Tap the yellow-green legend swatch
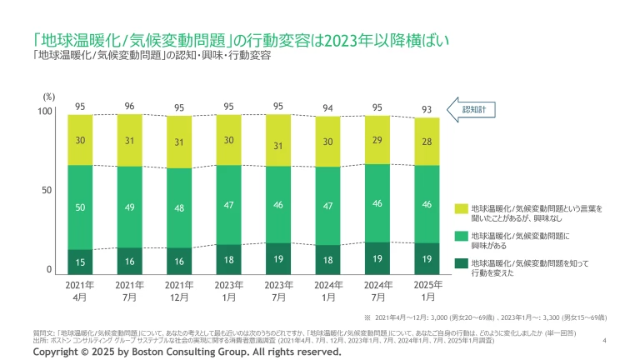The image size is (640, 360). click(x=461, y=207)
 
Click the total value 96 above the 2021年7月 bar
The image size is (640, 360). click(x=129, y=106)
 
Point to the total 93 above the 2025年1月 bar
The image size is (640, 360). click(x=427, y=108)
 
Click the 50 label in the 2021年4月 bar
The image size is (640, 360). click(x=80, y=207)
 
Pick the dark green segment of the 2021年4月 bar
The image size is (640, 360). click(x=80, y=261)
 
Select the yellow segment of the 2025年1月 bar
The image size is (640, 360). click(x=427, y=142)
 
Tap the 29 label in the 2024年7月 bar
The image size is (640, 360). click(x=377, y=141)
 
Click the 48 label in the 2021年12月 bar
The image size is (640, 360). click(x=179, y=208)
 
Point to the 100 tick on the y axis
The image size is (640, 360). click(x=45, y=111)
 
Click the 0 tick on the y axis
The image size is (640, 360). click(x=49, y=270)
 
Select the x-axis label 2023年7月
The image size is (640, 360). click(x=278, y=291)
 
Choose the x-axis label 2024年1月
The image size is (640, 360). click(x=327, y=291)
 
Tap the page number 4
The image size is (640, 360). click(x=603, y=340)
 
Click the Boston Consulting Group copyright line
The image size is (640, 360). click(x=187, y=352)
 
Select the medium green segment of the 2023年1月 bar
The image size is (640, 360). click(x=229, y=204)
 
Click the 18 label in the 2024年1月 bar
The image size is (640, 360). click(x=327, y=260)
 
